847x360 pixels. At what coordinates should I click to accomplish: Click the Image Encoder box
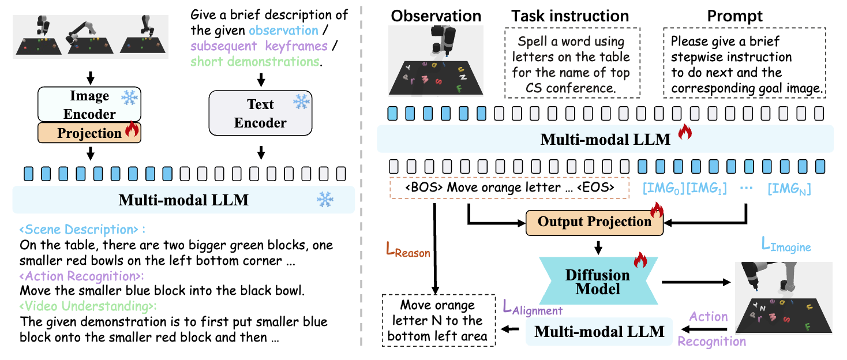tap(89, 104)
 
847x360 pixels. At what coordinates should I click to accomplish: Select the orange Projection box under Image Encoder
tap(89, 133)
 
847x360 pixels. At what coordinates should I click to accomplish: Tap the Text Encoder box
tap(261, 113)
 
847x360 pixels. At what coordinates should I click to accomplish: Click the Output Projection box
tap(594, 223)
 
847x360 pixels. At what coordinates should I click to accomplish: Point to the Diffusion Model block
tap(598, 281)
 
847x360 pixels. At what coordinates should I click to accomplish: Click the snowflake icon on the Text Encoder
tap(301, 102)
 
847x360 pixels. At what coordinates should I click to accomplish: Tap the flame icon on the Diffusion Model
tap(640, 260)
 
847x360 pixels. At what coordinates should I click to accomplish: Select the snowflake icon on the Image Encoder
tap(130, 97)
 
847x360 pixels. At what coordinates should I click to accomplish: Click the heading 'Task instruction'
tap(570, 16)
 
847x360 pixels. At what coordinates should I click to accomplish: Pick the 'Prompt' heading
tap(734, 16)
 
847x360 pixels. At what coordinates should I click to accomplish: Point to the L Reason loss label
tap(408, 250)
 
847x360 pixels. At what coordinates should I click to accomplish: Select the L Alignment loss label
tap(533, 307)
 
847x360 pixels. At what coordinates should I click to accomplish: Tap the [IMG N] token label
tap(789, 188)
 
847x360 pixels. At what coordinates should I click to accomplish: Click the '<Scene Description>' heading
tap(83, 230)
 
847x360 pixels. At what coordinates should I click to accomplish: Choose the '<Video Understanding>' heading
tap(88, 306)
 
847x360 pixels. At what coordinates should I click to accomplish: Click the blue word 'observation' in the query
tap(284, 30)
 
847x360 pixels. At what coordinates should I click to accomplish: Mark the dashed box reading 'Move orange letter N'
tap(439, 320)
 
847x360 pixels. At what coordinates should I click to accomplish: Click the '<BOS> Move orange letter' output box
tap(509, 187)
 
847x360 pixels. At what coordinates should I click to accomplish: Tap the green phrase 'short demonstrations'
tap(255, 61)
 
